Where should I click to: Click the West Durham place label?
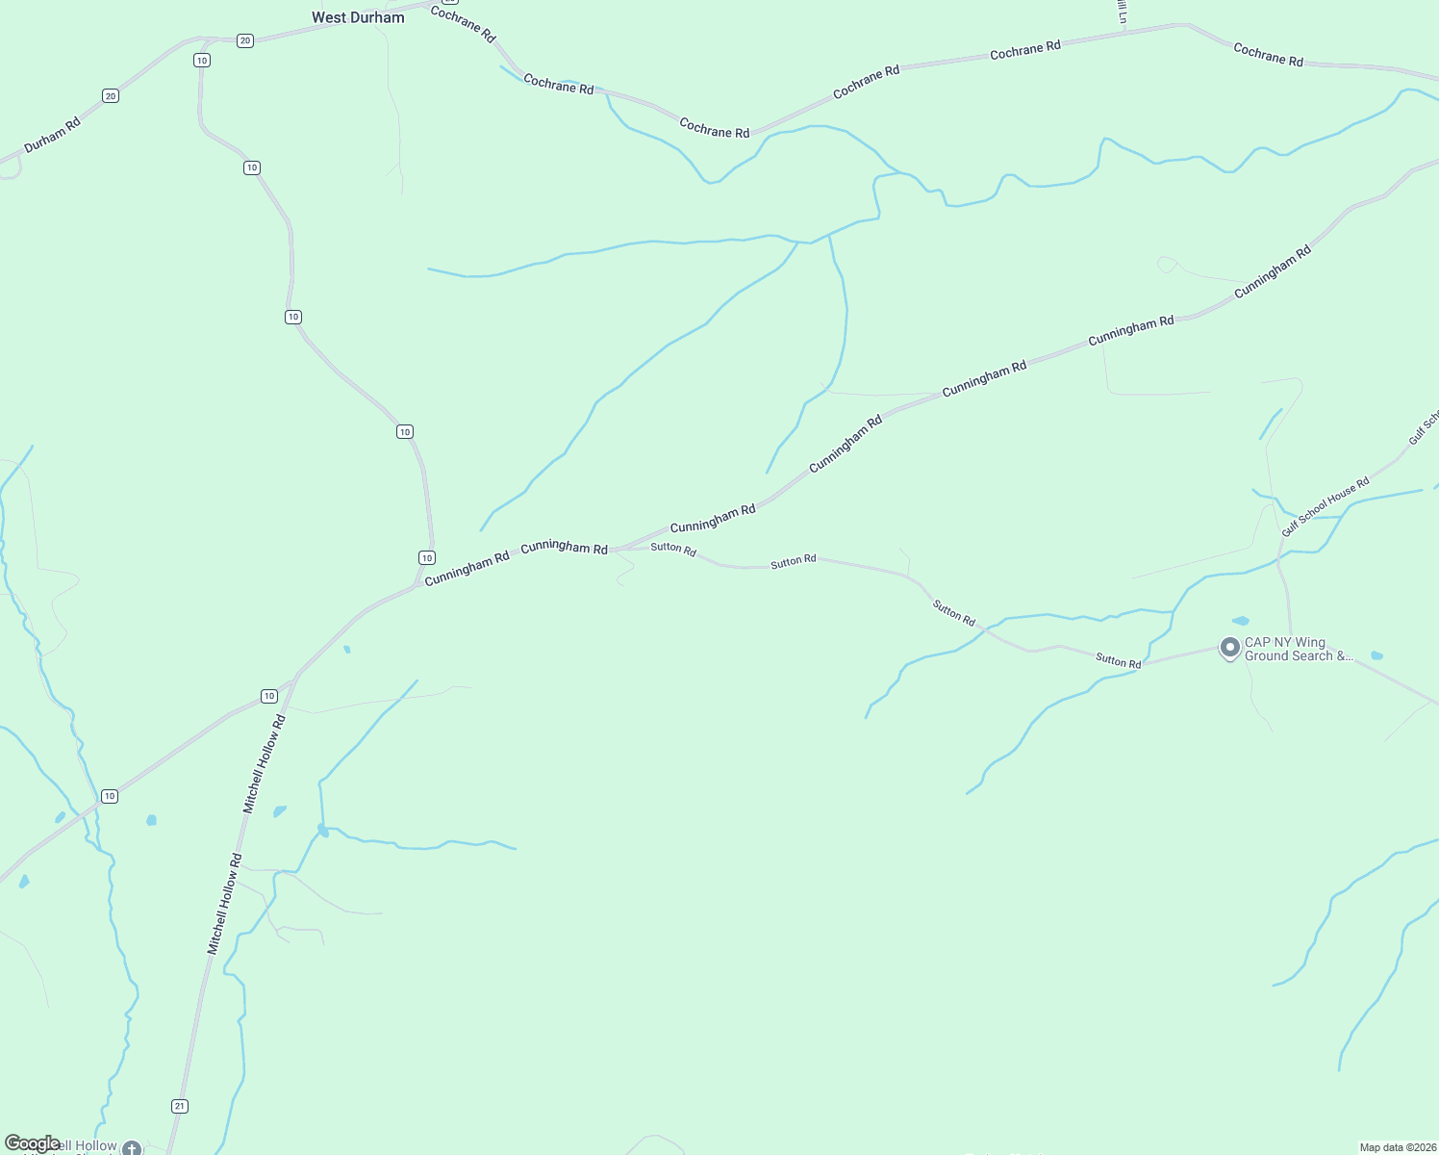[x=358, y=17]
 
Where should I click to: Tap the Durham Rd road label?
[x=52, y=135]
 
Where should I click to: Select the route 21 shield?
[x=180, y=1106]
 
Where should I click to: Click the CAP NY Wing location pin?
[x=1229, y=648]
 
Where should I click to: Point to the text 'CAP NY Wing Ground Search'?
[x=1298, y=650]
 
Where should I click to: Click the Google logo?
[x=32, y=1143]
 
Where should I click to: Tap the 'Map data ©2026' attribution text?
[x=1396, y=1147]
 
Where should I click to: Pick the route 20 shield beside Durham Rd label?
[x=111, y=95]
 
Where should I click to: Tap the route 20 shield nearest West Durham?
[x=245, y=40]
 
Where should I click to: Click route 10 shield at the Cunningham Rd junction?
[x=427, y=558]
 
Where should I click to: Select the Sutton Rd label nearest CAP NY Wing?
[x=1118, y=661]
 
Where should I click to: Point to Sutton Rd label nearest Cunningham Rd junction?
[x=673, y=549]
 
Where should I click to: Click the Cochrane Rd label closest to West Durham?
[x=463, y=24]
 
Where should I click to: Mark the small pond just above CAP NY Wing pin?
[x=1241, y=621]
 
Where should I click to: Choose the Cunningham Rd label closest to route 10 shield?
[x=467, y=569]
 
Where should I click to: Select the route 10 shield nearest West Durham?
[x=201, y=60]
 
